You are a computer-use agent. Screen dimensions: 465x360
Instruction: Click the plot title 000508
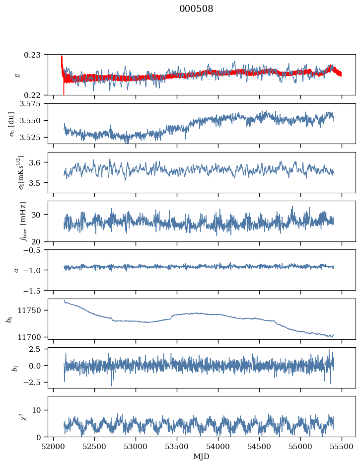[x=196, y=9]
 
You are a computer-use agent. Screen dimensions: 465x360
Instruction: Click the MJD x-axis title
[x=201, y=456]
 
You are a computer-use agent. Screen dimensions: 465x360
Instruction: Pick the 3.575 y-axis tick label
[x=34, y=104]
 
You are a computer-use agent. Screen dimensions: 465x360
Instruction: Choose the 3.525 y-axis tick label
[x=34, y=137]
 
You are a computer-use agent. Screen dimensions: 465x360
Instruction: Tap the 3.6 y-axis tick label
[x=38, y=162]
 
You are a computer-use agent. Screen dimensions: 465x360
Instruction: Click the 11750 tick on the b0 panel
[x=34, y=310]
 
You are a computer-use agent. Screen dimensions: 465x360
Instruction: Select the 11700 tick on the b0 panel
[x=34, y=337]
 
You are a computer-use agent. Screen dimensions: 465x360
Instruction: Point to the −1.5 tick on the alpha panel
[x=35, y=290]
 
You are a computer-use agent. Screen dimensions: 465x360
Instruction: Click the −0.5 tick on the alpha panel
[x=35, y=250]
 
